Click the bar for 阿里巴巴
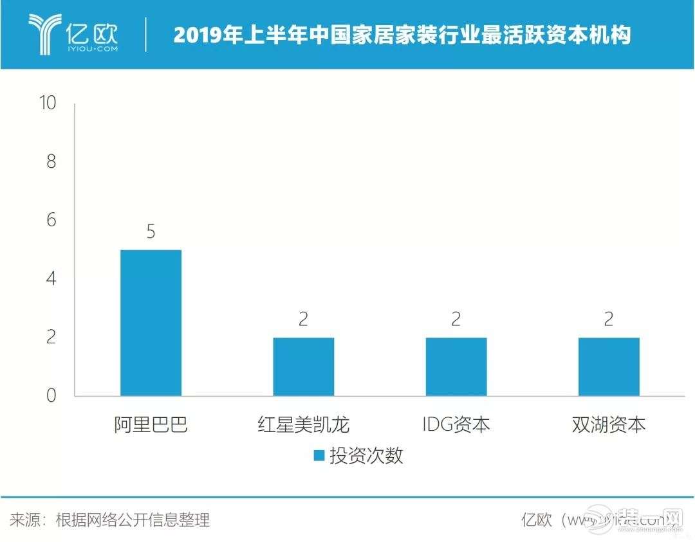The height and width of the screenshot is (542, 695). pyautogui.click(x=151, y=323)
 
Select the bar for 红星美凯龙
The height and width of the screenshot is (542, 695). pyautogui.click(x=303, y=366)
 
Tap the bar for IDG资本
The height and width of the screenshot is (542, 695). pyautogui.click(x=456, y=366)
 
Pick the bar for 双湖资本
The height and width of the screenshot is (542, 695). pyautogui.click(x=609, y=366)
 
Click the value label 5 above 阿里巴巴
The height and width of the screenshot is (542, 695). pyautogui.click(x=151, y=231)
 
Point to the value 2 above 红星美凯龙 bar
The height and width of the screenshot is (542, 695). pyautogui.click(x=303, y=320)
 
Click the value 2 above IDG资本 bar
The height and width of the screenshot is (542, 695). pyautogui.click(x=456, y=320)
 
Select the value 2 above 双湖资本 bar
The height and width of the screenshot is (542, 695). pyautogui.click(x=609, y=320)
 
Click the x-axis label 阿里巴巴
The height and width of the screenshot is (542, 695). pyautogui.click(x=151, y=425)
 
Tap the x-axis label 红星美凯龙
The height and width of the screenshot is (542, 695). pyautogui.click(x=303, y=425)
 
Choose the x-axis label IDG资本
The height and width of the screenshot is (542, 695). pyautogui.click(x=456, y=425)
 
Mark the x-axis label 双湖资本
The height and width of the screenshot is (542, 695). pyautogui.click(x=609, y=425)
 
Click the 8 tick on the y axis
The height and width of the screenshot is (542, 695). pyautogui.click(x=51, y=161)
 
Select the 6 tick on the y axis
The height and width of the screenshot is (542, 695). pyautogui.click(x=51, y=221)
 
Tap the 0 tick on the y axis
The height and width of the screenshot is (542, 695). pyautogui.click(x=51, y=396)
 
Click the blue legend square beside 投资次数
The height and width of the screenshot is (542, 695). pyautogui.click(x=318, y=456)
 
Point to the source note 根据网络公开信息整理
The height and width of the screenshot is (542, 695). pyautogui.click(x=133, y=519)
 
